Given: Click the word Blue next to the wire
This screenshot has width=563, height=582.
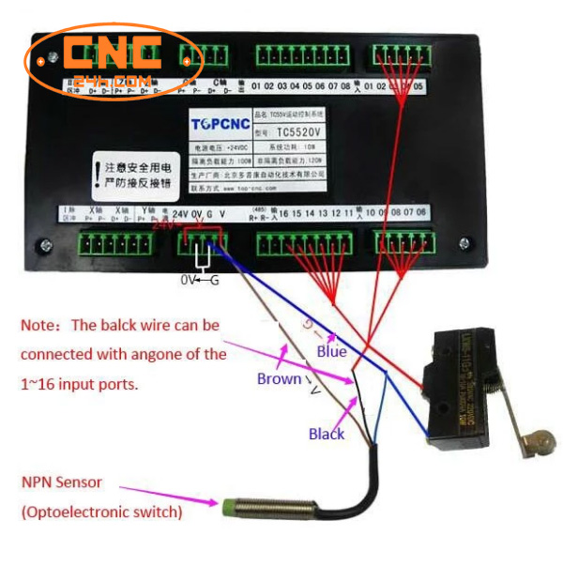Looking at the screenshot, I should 330,352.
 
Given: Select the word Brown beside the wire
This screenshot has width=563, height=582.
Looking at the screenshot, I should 279,378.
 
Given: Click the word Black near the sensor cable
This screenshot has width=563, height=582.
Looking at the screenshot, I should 327,434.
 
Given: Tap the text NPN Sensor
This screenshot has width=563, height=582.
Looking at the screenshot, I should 61,482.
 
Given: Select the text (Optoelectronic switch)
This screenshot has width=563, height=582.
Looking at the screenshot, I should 101,513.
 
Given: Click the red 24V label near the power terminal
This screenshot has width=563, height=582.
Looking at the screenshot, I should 164,225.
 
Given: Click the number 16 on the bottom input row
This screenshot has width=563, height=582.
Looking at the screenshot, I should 283,213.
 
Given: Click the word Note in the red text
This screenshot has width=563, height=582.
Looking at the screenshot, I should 38,326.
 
